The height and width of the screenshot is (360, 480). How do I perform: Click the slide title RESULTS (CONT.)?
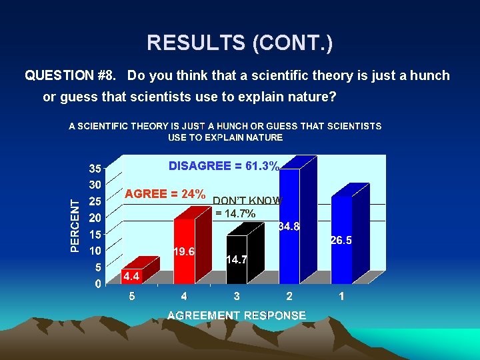pos(240,43)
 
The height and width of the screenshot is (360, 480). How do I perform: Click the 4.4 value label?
pos(131,276)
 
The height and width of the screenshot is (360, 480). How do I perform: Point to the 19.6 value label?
pos(183,252)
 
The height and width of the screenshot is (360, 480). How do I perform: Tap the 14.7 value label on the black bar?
pos(236,259)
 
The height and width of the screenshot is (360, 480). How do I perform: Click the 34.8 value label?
pos(289,227)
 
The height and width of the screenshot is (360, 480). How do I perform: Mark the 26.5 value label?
pos(341,240)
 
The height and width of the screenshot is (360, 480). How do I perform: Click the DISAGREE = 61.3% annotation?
pos(224,166)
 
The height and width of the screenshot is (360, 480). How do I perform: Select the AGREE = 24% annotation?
pos(165,194)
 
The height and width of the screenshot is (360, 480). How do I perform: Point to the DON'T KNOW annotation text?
pos(247,201)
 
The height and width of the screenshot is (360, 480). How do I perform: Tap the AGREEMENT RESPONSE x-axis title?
pos(237,315)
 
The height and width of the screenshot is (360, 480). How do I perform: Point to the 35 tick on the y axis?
pos(95,167)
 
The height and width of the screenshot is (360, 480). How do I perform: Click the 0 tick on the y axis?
pos(98,285)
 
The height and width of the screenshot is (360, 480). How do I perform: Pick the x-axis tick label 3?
pos(237,297)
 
